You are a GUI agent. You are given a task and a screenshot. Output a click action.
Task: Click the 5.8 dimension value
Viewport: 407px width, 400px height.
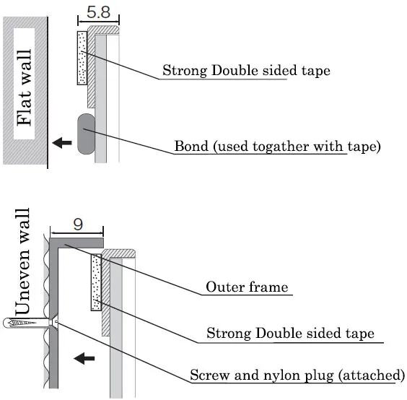coord(98,12)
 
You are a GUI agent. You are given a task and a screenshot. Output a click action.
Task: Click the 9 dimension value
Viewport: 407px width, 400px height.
coord(78,224)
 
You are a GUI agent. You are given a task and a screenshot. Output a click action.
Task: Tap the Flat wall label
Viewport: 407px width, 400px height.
coord(24,87)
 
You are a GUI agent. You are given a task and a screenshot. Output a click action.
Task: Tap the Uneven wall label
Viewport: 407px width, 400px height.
coord(22,261)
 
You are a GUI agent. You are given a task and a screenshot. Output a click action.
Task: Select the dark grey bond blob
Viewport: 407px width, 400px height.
coord(86,134)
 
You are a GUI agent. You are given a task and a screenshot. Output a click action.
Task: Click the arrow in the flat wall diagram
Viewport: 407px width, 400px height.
coord(62,142)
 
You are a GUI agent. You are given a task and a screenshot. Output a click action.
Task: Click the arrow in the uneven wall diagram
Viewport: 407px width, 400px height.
coord(84,358)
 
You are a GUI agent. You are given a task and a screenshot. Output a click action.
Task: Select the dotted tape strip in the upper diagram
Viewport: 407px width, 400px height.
coord(82,58)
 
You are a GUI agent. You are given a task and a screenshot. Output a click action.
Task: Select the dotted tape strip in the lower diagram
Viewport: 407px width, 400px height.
coord(96,282)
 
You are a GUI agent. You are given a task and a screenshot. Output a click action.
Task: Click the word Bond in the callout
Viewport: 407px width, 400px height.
coord(191,146)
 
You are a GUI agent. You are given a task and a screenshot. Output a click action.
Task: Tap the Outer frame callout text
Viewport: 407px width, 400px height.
coord(247,287)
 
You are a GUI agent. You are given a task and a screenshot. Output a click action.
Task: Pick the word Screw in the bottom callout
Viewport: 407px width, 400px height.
coord(210,375)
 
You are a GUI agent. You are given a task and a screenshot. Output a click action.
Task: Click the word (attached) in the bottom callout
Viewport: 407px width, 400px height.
coord(371,375)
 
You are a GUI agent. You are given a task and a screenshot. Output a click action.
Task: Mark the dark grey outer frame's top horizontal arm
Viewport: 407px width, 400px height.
coord(76,243)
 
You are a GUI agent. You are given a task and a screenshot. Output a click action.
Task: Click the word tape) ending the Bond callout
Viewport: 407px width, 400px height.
coord(364,147)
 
